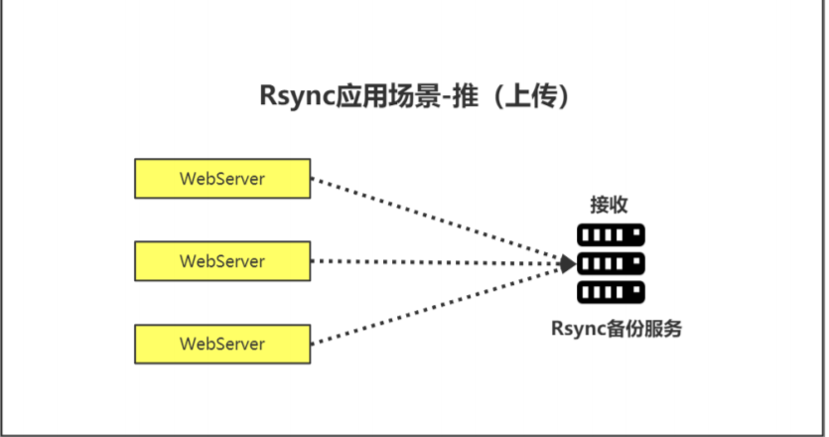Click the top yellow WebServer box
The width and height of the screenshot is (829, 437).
tap(222, 179)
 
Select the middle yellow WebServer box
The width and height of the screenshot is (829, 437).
tap(222, 261)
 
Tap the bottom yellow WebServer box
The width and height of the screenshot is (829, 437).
tap(222, 344)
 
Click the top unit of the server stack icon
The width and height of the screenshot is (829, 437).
tap(611, 235)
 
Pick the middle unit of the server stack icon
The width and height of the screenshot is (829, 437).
tap(611, 263)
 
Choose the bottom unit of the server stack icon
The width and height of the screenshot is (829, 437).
tap(611, 292)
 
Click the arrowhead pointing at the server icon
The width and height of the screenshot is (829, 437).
tap(567, 263)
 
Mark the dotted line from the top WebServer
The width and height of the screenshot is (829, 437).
tap(437, 220)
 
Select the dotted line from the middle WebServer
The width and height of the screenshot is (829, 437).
tap(437, 262)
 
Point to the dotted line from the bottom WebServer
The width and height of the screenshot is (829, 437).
tap(437, 304)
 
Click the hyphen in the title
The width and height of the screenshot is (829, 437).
tap(445, 98)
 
